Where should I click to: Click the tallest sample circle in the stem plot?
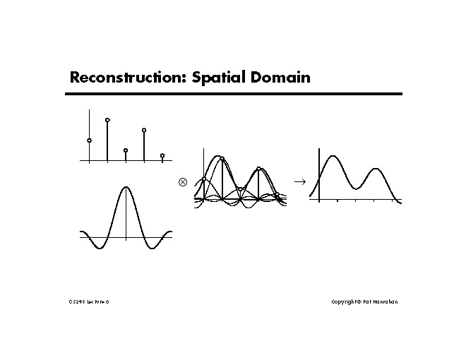click(107, 120)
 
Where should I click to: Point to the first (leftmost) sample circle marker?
click(89, 140)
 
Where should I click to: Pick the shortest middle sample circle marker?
click(126, 150)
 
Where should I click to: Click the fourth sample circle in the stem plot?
click(144, 130)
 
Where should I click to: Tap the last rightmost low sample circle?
click(162, 155)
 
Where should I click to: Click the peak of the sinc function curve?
click(126, 187)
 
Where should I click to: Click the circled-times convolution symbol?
click(182, 181)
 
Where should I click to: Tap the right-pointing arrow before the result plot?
click(299, 181)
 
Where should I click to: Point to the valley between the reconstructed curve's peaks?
click(357, 188)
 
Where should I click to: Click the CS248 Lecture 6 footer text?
click(89, 301)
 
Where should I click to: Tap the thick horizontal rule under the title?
click(235, 94)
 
